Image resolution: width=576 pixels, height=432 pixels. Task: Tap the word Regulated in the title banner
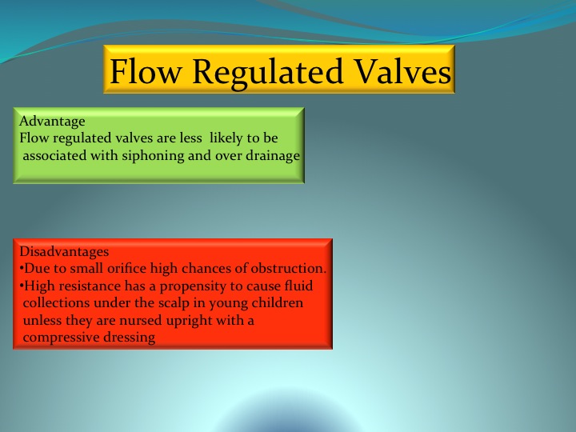(267, 74)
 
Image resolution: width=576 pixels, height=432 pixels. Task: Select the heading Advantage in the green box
(52, 122)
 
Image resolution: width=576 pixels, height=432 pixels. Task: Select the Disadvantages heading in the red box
(64, 252)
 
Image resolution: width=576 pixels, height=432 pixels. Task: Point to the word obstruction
(289, 269)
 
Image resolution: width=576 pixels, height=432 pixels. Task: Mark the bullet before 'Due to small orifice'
(22, 269)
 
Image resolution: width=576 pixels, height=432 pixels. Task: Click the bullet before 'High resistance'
(22, 286)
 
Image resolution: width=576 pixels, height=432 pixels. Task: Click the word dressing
(130, 338)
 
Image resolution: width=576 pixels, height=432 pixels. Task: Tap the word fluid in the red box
(298, 286)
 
